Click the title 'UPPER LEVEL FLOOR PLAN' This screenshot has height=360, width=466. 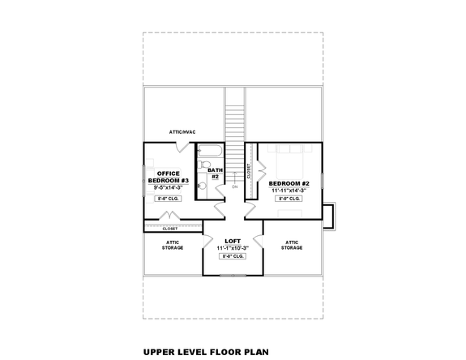pyautogui.click(x=206, y=353)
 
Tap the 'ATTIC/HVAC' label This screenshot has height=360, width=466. pyautogui.click(x=183, y=131)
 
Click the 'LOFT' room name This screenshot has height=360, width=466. pyautogui.click(x=233, y=241)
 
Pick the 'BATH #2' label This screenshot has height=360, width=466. pyautogui.click(x=215, y=173)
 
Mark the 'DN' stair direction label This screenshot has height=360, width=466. pyautogui.click(x=234, y=187)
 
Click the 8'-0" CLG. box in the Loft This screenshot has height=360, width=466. pyautogui.click(x=233, y=256)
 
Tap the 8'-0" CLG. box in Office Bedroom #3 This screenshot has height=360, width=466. pyautogui.click(x=169, y=198)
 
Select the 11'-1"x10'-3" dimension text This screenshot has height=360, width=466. pyautogui.click(x=233, y=248)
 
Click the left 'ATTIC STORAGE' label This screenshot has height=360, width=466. pyautogui.click(x=171, y=246)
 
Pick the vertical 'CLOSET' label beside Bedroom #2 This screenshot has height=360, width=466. pyautogui.click(x=249, y=171)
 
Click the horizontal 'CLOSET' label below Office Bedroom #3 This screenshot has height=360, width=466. pyautogui.click(x=169, y=229)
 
